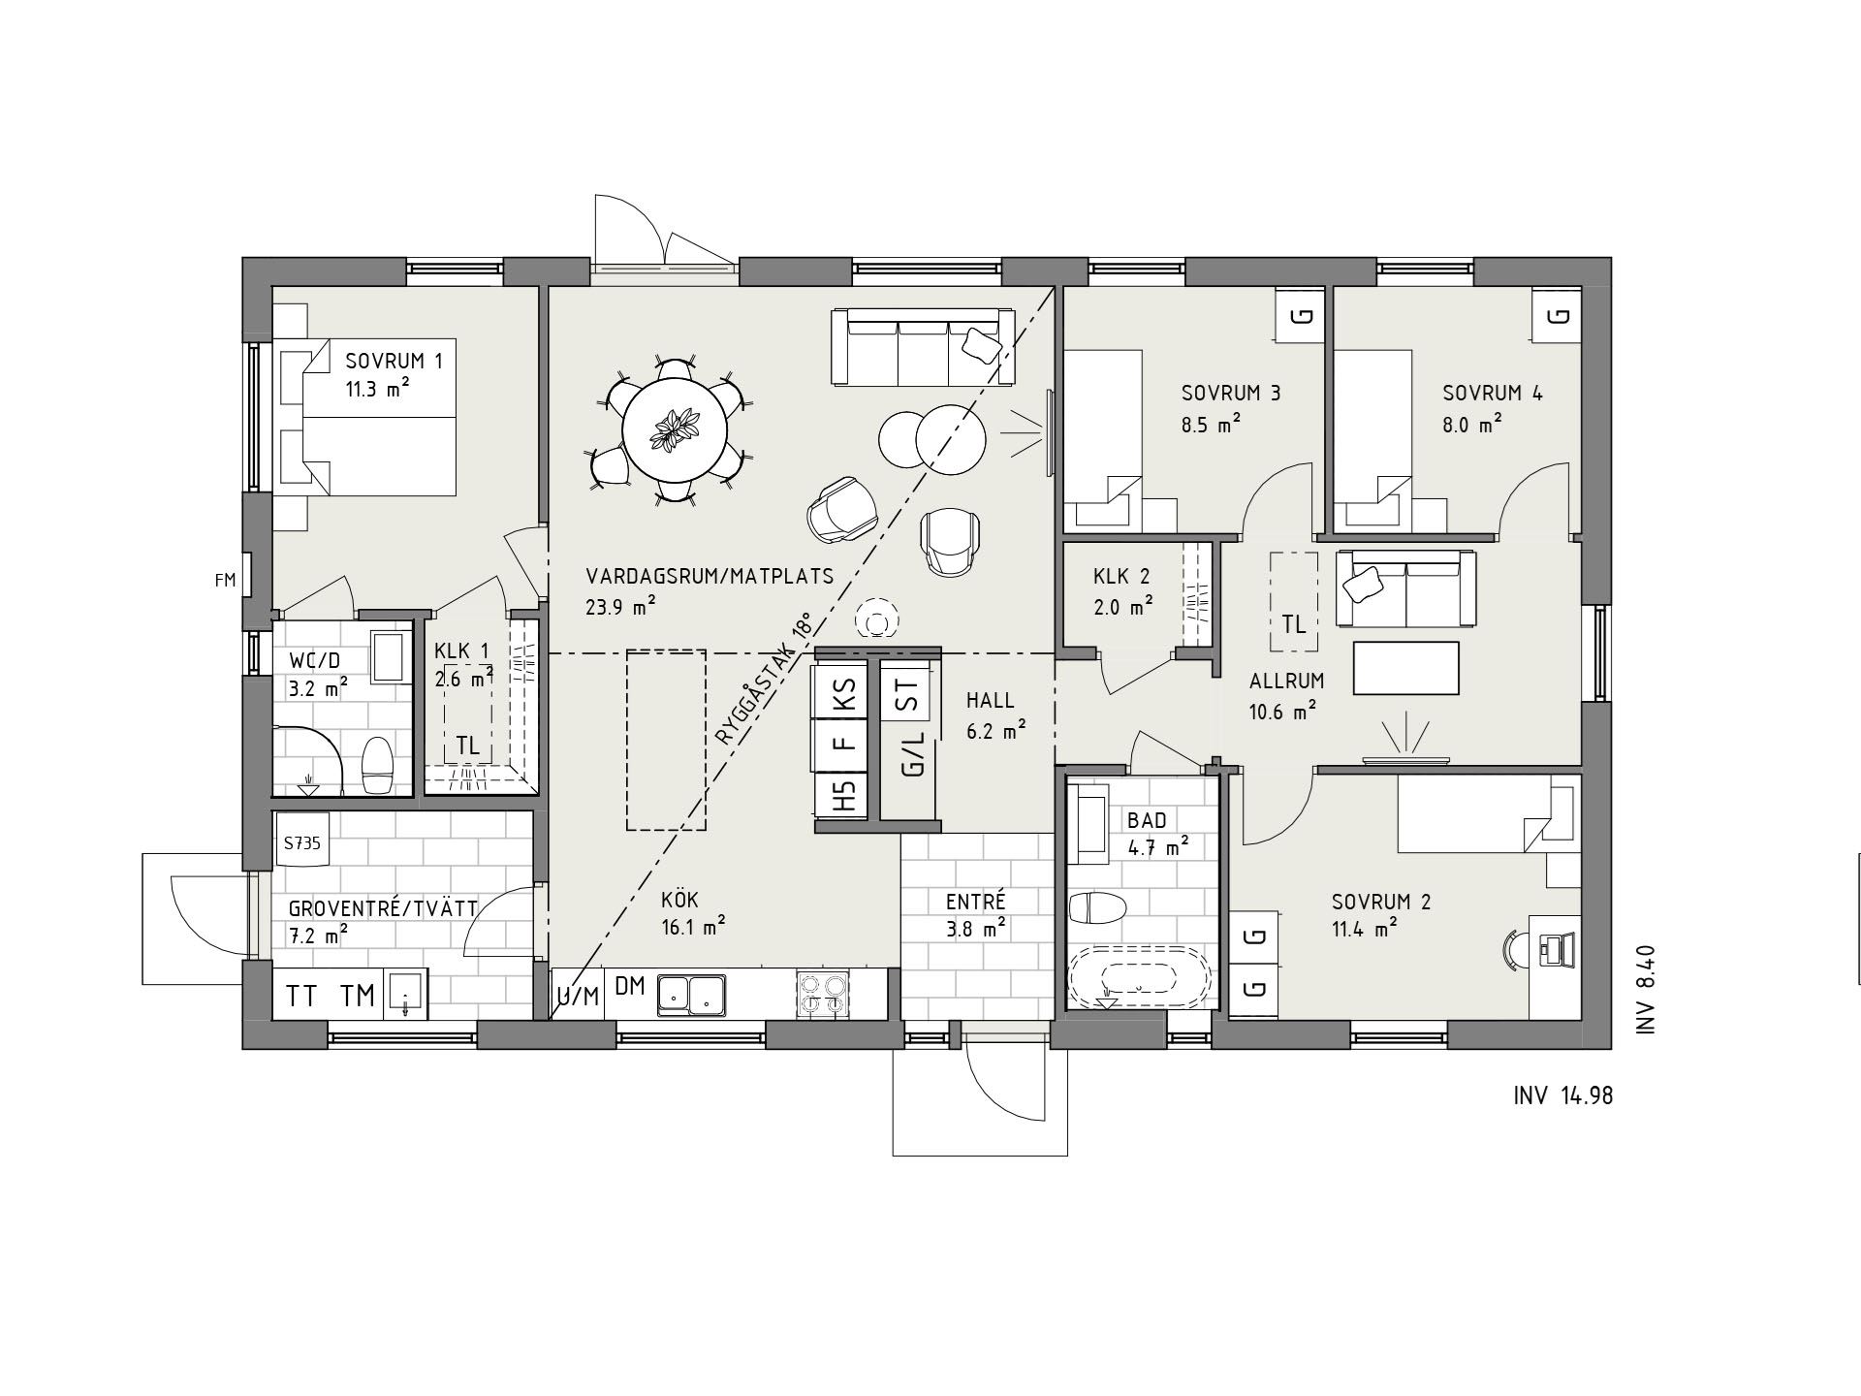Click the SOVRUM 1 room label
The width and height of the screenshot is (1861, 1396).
394,362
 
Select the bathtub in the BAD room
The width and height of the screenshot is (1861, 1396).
1139,975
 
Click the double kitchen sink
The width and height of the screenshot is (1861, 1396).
691,994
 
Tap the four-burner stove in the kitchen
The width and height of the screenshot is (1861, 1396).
822,994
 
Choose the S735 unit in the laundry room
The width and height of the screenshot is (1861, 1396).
302,843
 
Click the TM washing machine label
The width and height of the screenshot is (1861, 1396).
358,996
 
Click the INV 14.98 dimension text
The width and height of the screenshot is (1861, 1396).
1562,1095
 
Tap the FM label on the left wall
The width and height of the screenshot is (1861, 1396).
225,581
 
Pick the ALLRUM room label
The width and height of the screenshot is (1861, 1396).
1286,681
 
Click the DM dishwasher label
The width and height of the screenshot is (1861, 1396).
630,987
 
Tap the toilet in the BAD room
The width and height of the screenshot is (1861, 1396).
1097,909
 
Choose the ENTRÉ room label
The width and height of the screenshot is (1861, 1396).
976,903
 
